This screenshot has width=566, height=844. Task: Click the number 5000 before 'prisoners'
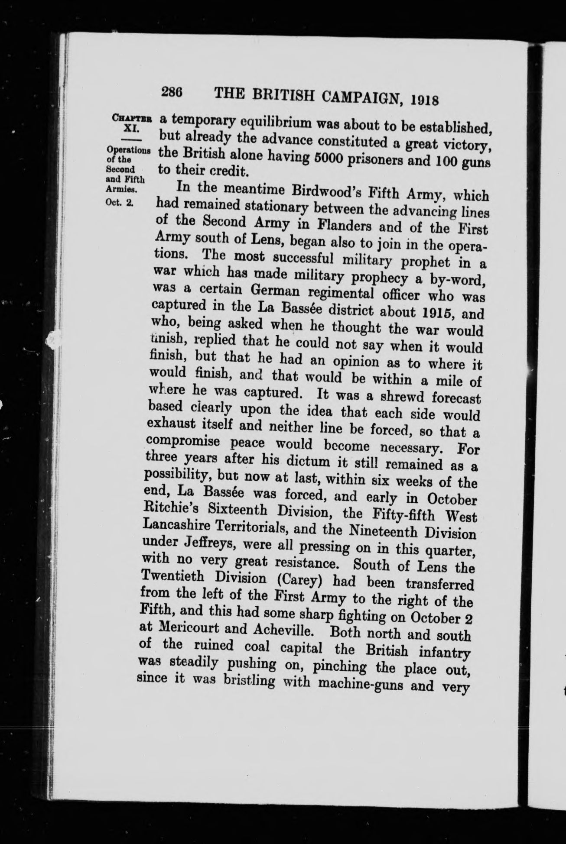[322, 160]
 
